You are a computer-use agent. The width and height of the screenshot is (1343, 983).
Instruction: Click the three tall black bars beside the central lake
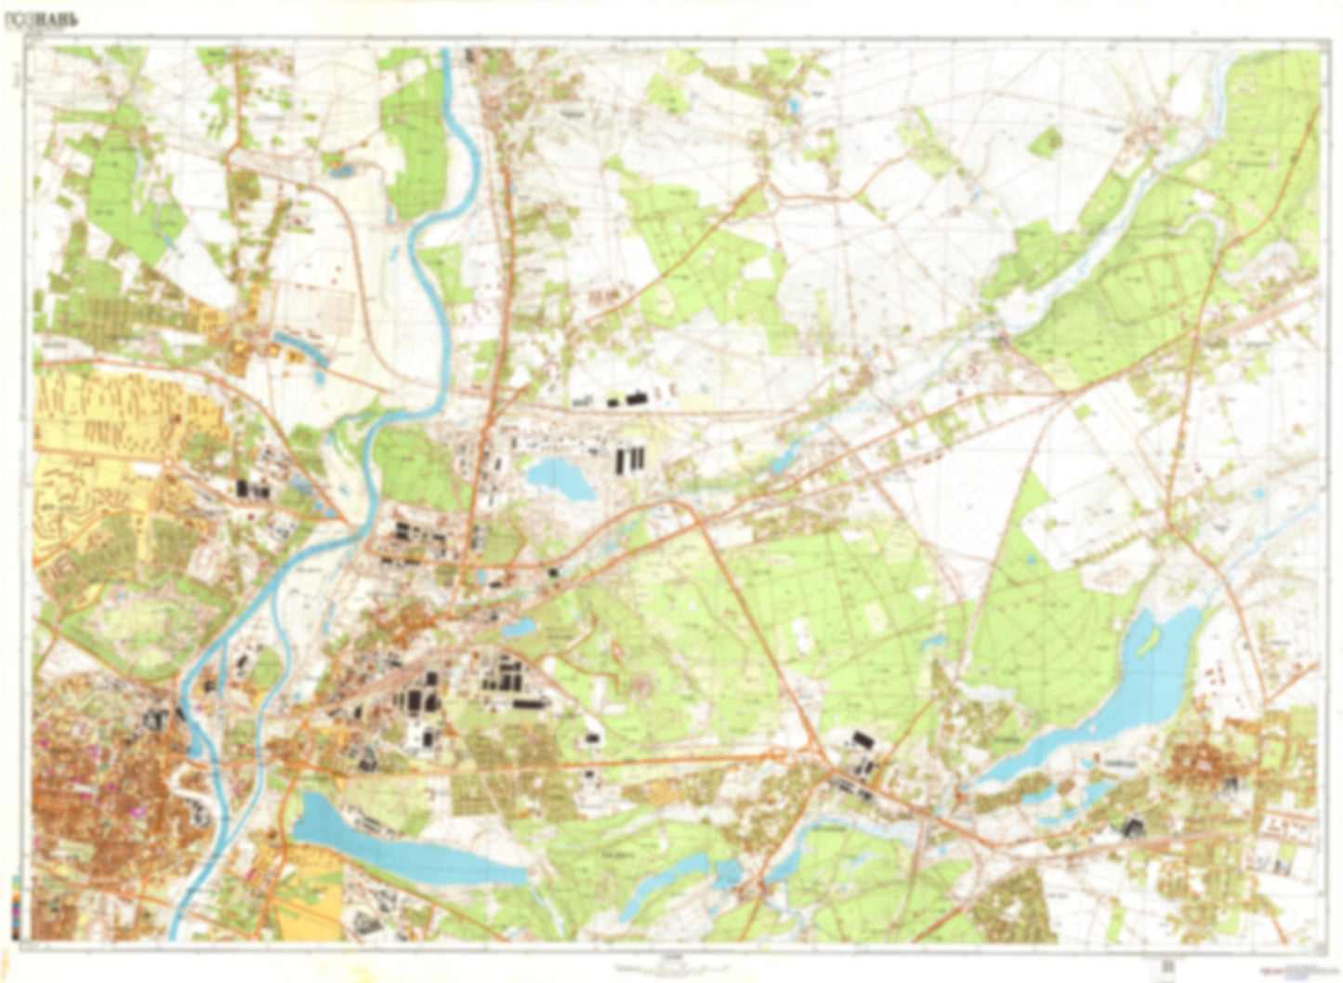pos(629,459)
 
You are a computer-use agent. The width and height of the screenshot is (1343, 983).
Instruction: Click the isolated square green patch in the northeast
pos(1047,141)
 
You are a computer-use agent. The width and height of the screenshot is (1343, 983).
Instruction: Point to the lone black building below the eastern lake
pos(1133,825)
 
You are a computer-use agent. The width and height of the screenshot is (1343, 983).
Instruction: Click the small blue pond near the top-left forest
pos(337,169)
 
